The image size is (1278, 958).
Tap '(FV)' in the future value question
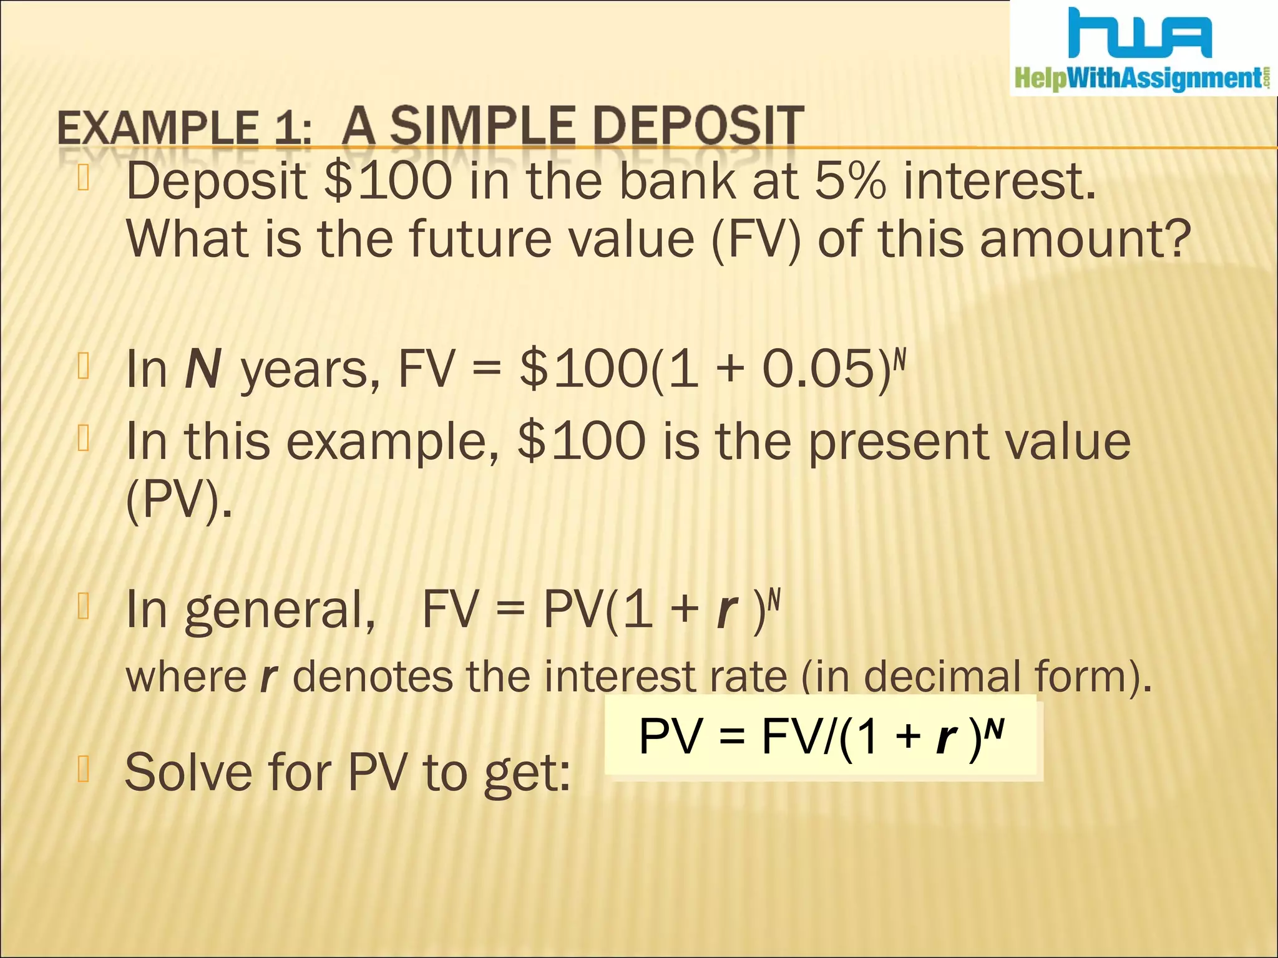pos(756,239)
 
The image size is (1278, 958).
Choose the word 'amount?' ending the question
pos(1085,239)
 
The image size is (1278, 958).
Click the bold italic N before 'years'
pos(203,369)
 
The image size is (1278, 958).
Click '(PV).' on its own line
pos(178,501)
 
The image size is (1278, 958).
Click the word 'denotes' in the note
pos(373,676)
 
